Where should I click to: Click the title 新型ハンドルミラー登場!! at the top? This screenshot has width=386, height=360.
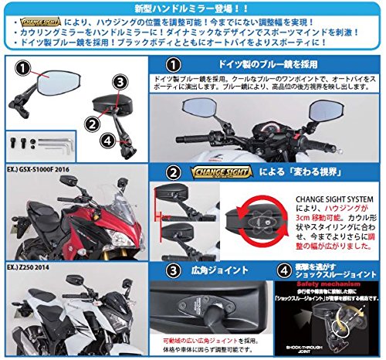pyautogui.click(x=192, y=7)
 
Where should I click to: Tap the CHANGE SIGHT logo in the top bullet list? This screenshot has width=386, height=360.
pyautogui.click(x=41, y=22)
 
